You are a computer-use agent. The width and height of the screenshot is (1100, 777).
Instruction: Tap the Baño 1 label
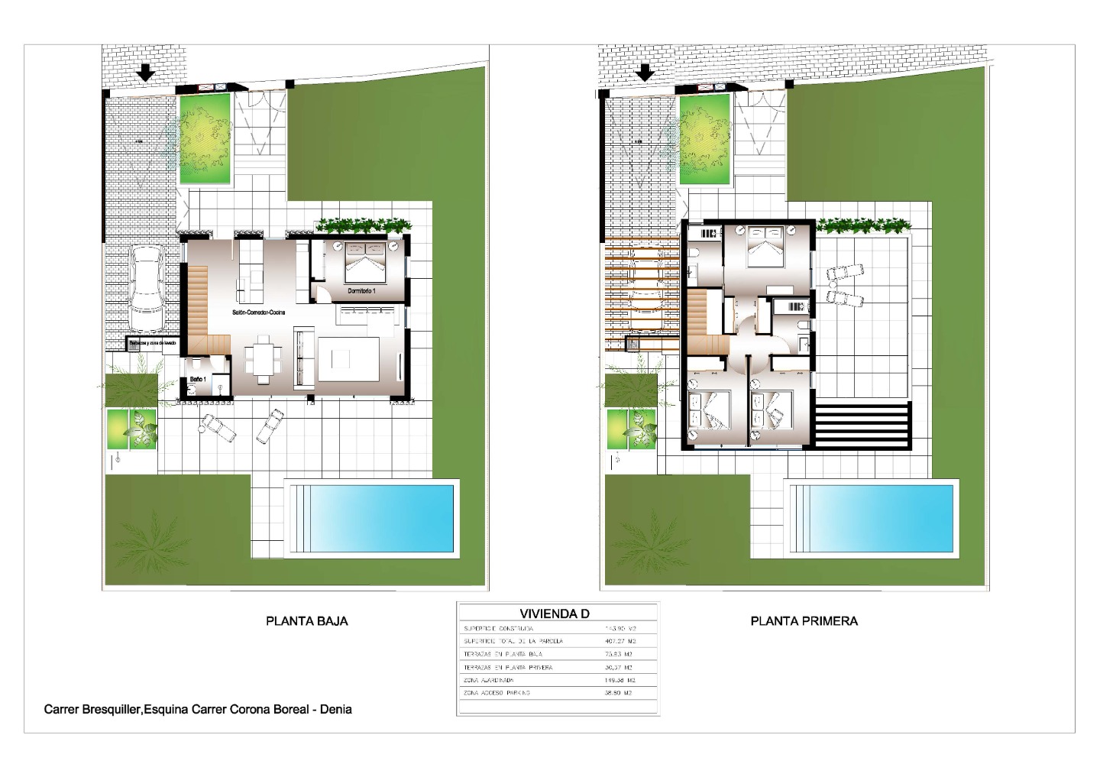click(197, 379)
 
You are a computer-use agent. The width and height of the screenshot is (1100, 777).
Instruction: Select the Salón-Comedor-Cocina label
click(259, 312)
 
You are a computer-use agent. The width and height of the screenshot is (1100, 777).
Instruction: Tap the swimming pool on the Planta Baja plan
click(370, 518)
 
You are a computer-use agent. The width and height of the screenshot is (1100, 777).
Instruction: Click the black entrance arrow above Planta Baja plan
click(144, 73)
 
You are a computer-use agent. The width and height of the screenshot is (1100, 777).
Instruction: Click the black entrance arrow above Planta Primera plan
click(646, 73)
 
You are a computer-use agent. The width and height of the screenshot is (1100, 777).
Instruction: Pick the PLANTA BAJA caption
click(306, 621)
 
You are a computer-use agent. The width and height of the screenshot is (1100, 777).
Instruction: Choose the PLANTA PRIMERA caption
click(804, 621)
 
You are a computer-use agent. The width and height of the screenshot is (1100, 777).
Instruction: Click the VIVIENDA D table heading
click(555, 614)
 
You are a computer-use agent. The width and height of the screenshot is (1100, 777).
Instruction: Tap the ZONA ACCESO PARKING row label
click(497, 693)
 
